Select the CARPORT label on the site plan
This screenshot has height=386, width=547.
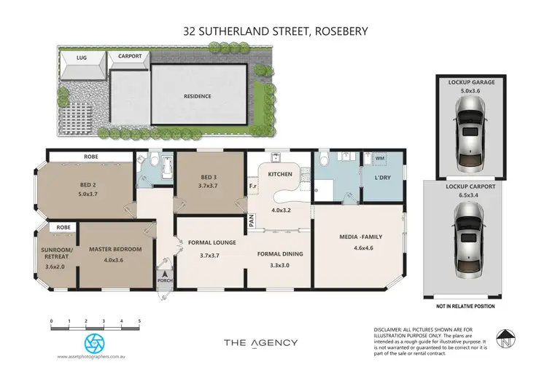[128, 56]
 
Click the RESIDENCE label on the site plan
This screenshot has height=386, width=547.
[197, 96]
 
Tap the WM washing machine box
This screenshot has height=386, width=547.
[379, 158]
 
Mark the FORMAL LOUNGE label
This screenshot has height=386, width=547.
[209, 243]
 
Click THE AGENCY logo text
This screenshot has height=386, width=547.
[260, 342]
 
